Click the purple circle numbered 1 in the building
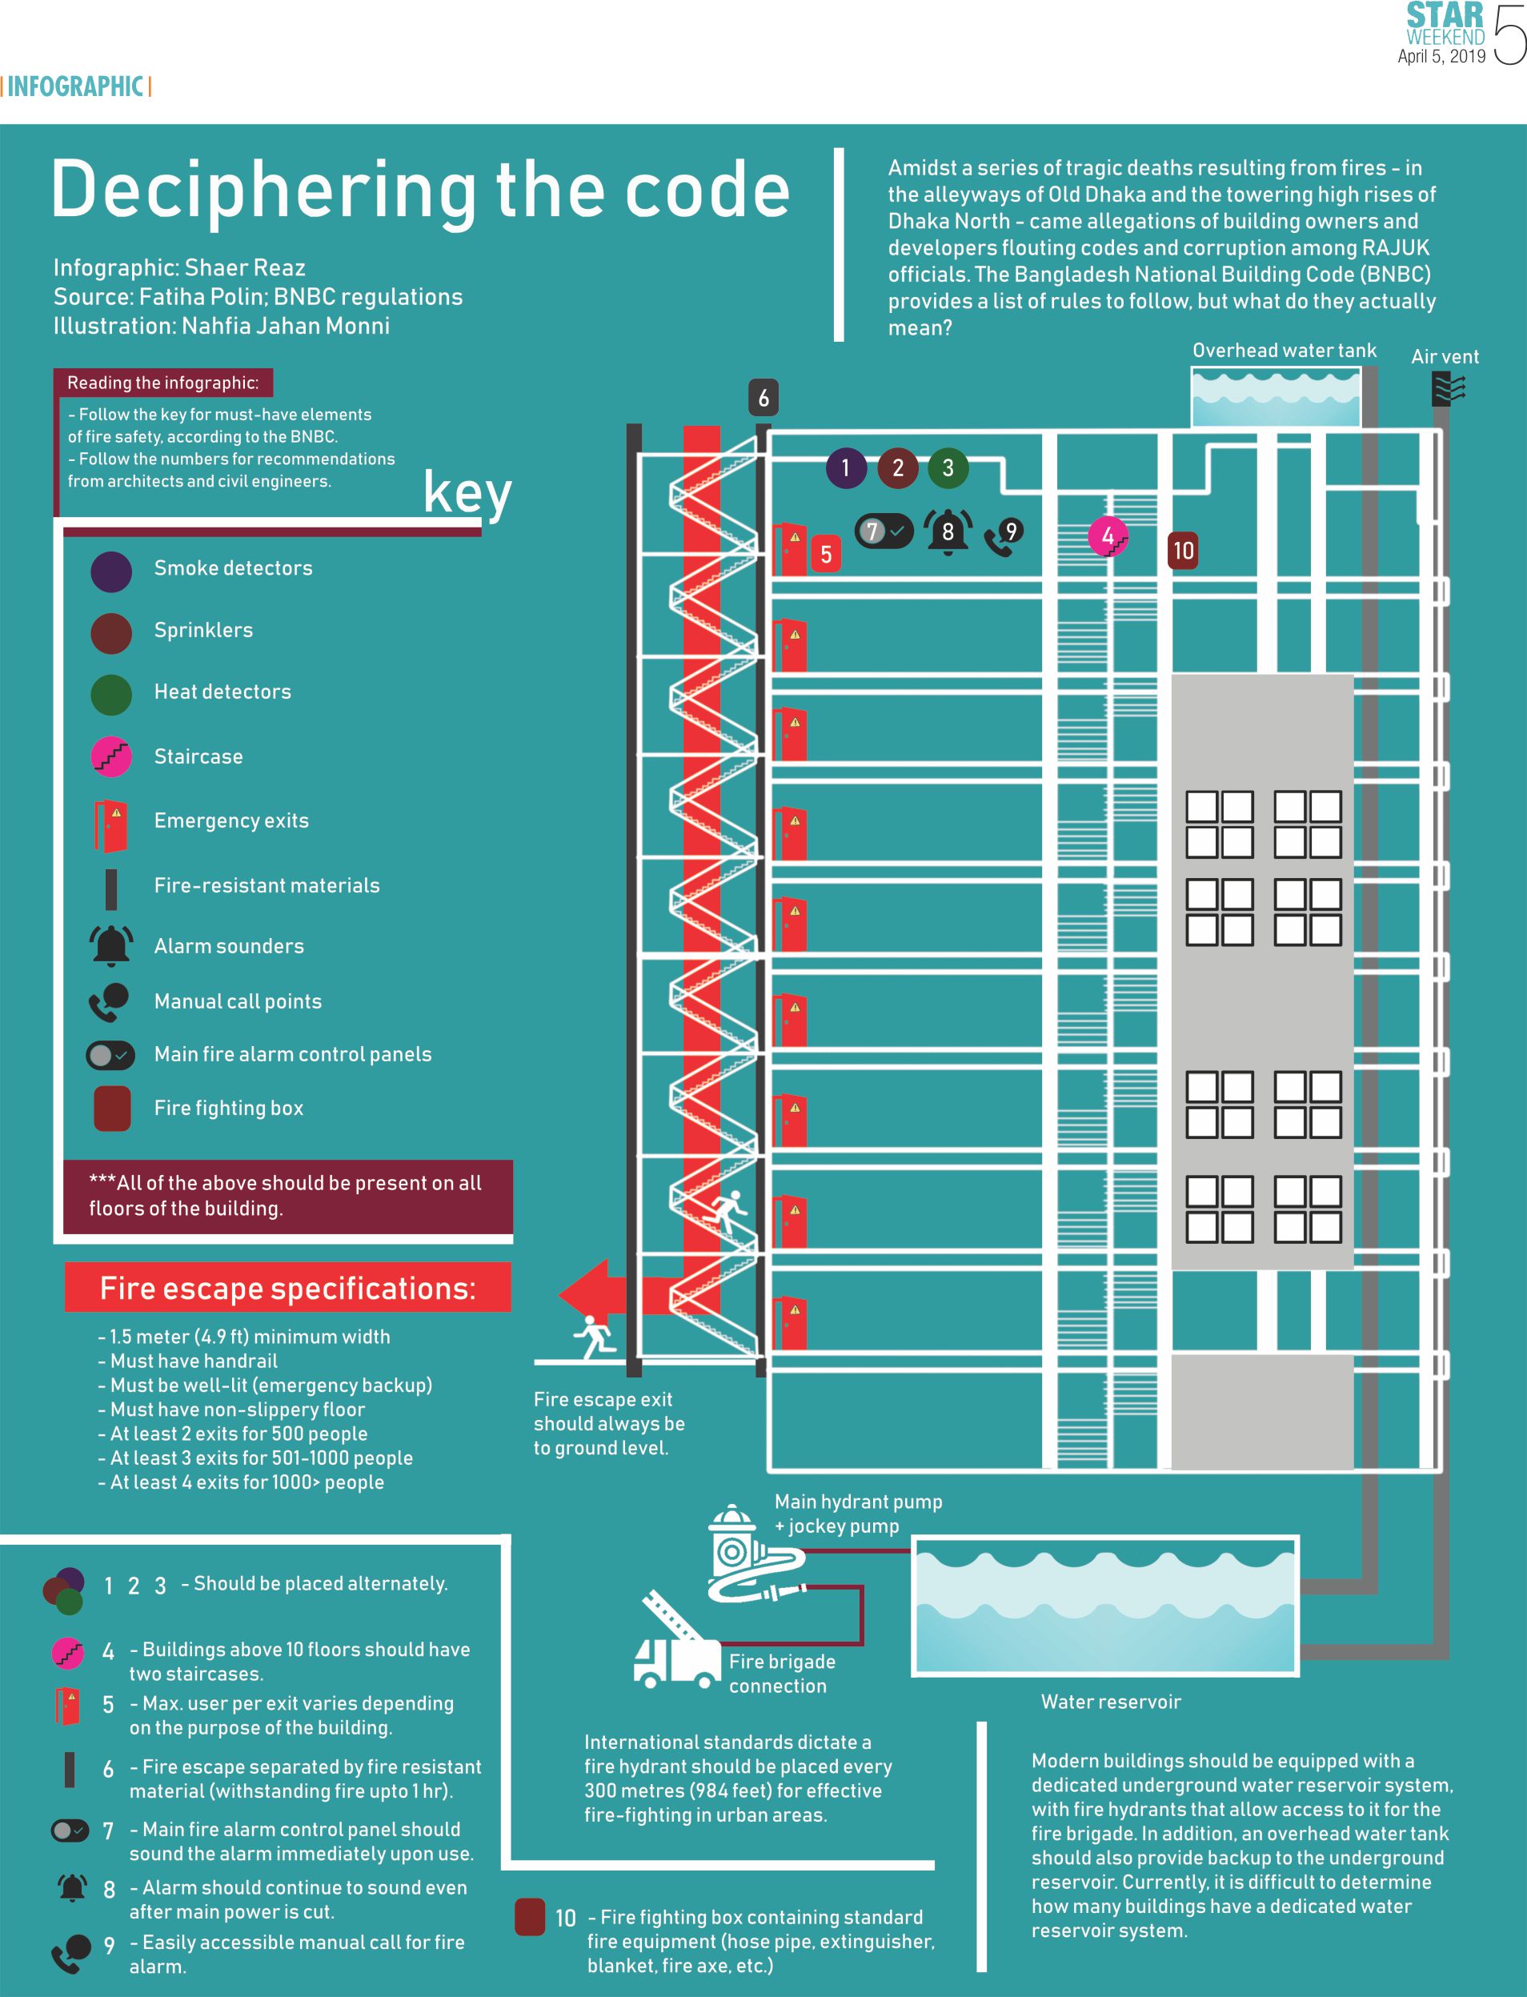coord(845,468)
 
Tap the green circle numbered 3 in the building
coord(948,468)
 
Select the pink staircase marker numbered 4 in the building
coord(1108,536)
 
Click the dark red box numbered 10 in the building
coord(1183,551)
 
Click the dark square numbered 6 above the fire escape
coord(763,397)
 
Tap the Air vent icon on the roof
coord(1448,389)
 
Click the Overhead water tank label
coord(1284,351)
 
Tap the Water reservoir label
coord(1111,1702)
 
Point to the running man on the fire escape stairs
coord(727,1211)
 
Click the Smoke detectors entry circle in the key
coord(111,571)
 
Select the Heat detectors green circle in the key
coord(111,693)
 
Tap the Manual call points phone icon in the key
coord(109,1001)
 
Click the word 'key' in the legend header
coord(467,494)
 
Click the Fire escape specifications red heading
coord(287,1288)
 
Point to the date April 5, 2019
coord(1441,56)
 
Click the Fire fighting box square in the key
coord(112,1108)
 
